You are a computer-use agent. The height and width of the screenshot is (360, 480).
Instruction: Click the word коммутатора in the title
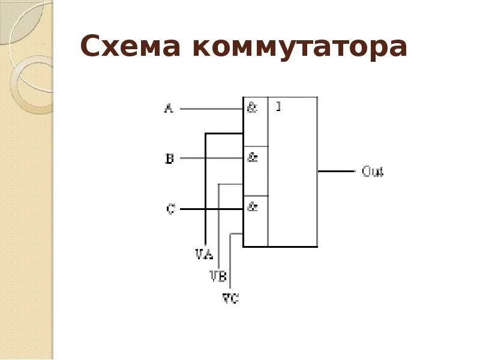[x=300, y=46]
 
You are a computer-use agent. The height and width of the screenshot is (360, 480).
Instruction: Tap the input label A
[x=169, y=109]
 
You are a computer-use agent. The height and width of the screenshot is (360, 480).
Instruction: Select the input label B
[x=169, y=159]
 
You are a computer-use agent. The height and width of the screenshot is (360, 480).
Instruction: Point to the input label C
[x=170, y=209]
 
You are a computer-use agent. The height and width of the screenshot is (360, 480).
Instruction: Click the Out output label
[x=373, y=172]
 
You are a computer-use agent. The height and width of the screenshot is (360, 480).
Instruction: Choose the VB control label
[x=217, y=276]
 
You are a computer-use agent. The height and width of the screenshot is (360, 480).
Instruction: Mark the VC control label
[x=230, y=297]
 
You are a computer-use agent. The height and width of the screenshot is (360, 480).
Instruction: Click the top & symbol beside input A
[x=253, y=109]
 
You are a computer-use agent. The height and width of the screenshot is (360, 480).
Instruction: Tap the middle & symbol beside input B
[x=253, y=158]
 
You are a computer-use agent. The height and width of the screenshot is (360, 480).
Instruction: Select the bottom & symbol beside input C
[x=253, y=207]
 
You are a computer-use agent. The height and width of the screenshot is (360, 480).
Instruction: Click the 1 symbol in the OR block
[x=278, y=107]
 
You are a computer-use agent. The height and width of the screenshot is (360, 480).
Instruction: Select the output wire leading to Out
[x=336, y=171]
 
